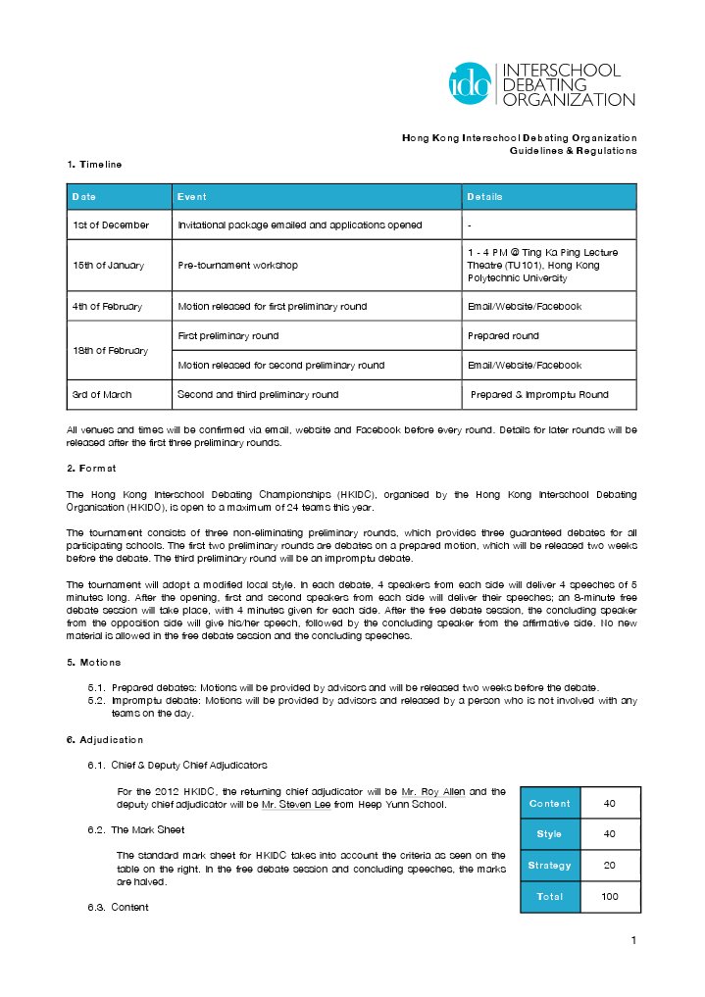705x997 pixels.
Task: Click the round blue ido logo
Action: [470, 84]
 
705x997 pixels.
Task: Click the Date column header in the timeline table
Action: [84, 197]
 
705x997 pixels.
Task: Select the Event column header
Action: [192, 197]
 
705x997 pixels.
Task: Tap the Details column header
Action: [484, 197]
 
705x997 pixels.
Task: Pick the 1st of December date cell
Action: [110, 224]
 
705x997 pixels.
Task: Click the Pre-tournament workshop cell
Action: [237, 266]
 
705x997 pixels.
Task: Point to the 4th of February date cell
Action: [107, 307]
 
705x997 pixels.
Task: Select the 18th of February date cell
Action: [110, 350]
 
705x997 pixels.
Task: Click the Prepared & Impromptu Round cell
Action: [539, 394]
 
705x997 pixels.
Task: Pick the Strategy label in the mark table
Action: [549, 866]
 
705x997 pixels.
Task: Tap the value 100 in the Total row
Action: [609, 897]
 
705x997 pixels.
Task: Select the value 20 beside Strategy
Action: [609, 866]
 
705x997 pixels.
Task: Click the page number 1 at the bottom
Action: [634, 942]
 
